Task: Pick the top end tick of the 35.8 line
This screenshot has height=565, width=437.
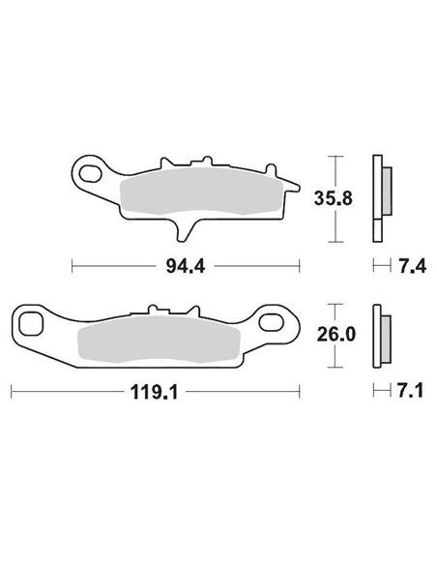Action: click(334, 155)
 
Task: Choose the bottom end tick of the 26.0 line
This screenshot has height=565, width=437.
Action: click(334, 369)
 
